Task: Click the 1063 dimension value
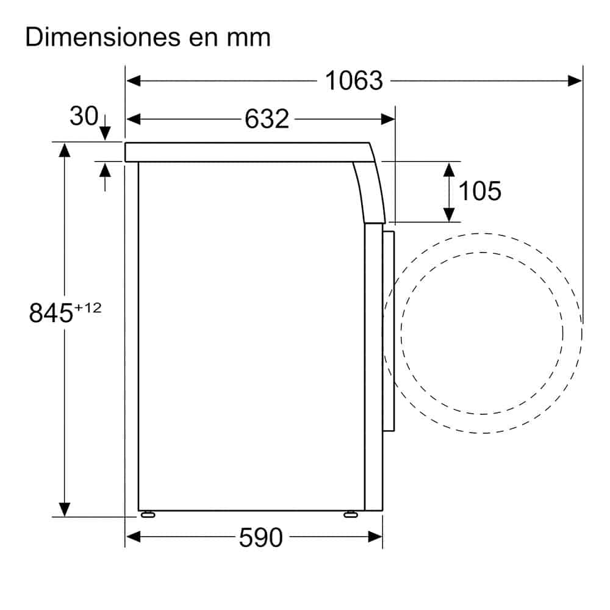354,81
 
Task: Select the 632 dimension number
267,119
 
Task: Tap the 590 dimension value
260,537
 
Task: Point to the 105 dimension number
479,192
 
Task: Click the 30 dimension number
84,116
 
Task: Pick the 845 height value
51,314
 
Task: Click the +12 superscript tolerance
88,308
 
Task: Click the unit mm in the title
249,38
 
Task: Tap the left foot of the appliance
146,514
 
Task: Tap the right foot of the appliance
351,514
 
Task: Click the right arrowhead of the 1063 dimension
575,81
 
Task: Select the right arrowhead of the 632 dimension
388,119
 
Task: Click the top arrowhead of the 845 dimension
64,149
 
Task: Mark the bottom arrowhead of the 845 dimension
64,509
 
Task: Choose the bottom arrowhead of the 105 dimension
450,214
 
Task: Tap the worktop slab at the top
244,152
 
